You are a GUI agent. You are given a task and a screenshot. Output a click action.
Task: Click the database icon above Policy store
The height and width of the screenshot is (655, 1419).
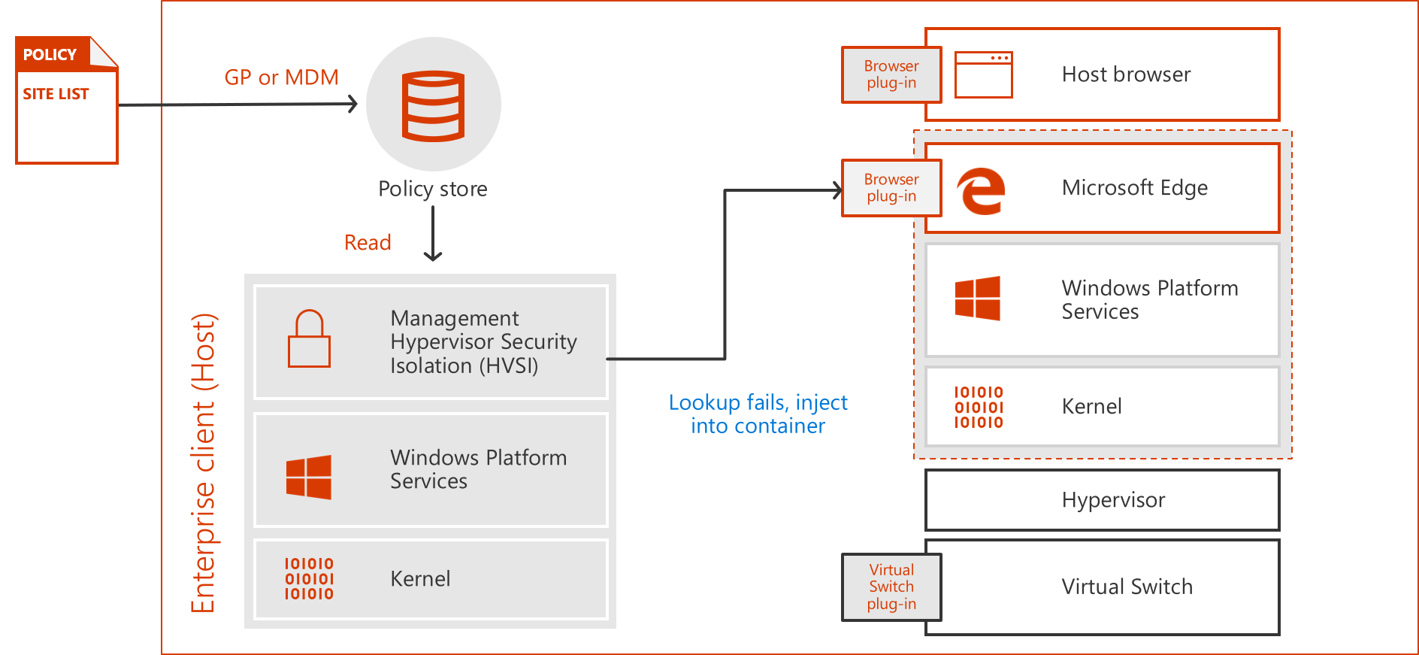click(x=433, y=105)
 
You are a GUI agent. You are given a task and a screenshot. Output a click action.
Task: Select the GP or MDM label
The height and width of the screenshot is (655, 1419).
click(x=281, y=77)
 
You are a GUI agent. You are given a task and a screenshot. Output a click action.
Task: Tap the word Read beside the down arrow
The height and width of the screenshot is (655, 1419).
click(x=368, y=243)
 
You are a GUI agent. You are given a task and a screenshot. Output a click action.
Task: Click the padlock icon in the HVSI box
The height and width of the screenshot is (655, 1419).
click(x=309, y=339)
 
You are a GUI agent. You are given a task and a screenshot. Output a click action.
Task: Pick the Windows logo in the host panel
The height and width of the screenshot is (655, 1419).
click(x=309, y=477)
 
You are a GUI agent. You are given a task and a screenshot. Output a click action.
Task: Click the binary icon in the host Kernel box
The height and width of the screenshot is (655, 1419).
click(x=309, y=578)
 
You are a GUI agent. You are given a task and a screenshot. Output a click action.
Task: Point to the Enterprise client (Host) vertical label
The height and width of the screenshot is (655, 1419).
click(x=203, y=463)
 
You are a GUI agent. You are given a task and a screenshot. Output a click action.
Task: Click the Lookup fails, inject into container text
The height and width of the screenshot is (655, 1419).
click(x=758, y=414)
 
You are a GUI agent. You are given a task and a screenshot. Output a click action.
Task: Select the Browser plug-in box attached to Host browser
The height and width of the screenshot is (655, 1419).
click(x=891, y=74)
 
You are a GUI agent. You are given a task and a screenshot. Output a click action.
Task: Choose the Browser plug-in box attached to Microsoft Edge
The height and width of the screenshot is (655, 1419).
click(x=891, y=188)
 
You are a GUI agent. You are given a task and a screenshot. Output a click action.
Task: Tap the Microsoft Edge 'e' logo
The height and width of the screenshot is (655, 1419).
click(x=981, y=191)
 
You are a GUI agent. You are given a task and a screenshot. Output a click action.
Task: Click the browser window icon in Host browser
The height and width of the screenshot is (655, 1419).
click(x=983, y=74)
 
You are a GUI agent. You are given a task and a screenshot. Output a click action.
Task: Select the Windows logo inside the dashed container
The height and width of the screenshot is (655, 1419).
click(x=977, y=299)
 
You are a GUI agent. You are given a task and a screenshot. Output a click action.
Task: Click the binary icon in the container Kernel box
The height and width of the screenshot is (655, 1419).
click(x=979, y=407)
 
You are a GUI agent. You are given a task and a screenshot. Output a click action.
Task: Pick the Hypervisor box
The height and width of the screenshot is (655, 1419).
click(x=1102, y=500)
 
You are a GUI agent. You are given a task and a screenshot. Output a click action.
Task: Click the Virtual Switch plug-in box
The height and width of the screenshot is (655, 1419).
click(x=891, y=587)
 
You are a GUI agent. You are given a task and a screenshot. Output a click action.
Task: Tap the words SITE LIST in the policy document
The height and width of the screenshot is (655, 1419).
click(x=56, y=94)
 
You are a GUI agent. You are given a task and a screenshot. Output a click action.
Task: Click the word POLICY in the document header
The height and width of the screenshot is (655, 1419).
click(x=50, y=55)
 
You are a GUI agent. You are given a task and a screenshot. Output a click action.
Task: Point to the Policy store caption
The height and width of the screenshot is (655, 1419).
click(x=433, y=189)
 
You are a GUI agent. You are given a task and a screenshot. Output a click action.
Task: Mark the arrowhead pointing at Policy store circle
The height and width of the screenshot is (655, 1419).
click(x=352, y=104)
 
